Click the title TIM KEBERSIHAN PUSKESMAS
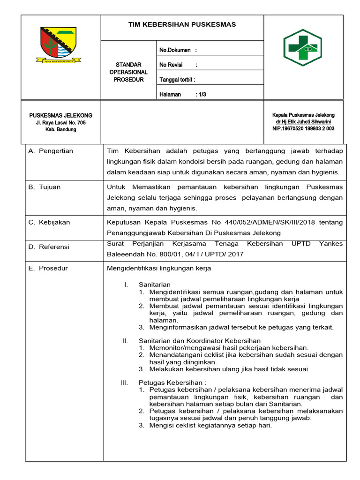click(x=182, y=24)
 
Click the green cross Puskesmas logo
click(x=302, y=48)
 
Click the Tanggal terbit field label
click(x=177, y=79)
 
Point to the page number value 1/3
click(x=202, y=94)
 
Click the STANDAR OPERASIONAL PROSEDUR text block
click(x=128, y=72)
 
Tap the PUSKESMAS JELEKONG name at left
click(x=61, y=115)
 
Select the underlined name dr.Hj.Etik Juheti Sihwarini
click(x=303, y=122)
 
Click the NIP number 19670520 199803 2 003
click(x=303, y=128)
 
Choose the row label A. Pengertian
click(x=51, y=151)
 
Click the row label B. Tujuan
click(x=45, y=187)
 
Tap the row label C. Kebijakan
click(x=49, y=222)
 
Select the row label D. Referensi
click(x=49, y=247)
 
